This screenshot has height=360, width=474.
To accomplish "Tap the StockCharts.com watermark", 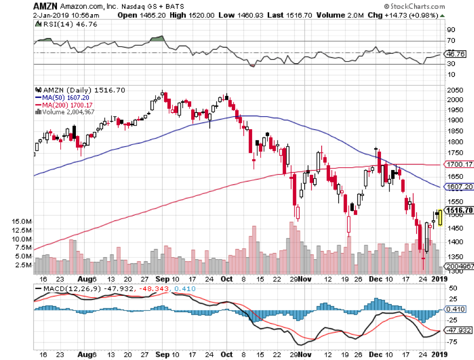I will click(414, 6).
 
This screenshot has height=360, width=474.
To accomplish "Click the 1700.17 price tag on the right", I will click(459, 165).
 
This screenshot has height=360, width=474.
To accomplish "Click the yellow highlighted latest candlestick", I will click(439, 217).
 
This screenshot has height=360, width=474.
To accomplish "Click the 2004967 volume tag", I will click(460, 266).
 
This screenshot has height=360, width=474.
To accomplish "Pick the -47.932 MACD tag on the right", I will click(459, 330).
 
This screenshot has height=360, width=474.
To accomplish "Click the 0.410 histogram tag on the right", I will click(457, 309).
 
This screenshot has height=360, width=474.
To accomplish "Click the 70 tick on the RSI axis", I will click(451, 41).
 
